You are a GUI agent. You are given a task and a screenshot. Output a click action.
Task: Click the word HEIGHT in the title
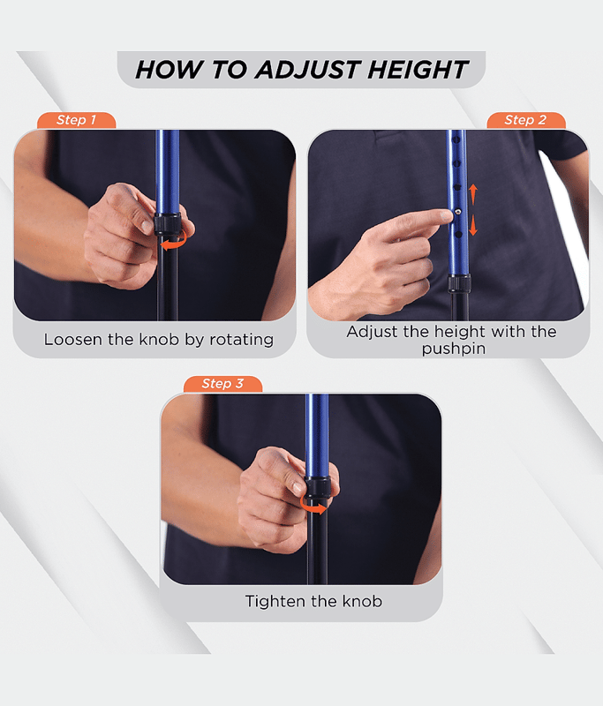418,70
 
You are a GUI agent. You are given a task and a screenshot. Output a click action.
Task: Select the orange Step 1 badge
76,120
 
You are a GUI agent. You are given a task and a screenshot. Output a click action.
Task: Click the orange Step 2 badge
525,120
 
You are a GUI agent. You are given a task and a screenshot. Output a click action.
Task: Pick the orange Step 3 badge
222,384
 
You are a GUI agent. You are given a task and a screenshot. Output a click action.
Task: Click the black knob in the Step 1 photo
168,224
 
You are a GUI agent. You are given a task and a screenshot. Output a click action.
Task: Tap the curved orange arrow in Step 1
174,242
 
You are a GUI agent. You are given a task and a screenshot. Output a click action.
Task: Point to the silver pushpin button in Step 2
457,211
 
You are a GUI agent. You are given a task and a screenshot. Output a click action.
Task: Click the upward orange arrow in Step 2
472,194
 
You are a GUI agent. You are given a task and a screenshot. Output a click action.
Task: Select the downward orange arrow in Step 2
472,225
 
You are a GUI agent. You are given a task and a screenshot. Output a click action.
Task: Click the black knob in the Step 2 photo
459,283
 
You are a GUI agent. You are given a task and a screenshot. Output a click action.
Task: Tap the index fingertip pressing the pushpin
446,215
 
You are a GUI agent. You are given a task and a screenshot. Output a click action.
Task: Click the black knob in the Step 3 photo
318,488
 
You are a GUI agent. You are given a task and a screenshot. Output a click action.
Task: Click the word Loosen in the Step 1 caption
72,340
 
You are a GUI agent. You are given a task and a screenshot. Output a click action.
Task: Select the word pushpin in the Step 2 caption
454,349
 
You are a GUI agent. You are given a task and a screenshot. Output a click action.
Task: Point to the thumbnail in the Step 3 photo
297,486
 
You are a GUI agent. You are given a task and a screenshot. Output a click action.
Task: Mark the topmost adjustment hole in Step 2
456,140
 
